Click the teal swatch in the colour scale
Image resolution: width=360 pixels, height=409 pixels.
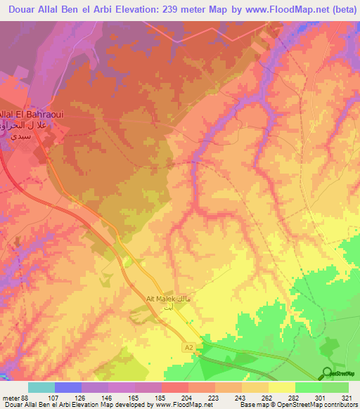click(x=41, y=387)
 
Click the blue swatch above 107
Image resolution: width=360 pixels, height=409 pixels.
click(x=68, y=387)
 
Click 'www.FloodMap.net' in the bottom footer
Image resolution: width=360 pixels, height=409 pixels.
click(x=183, y=405)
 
